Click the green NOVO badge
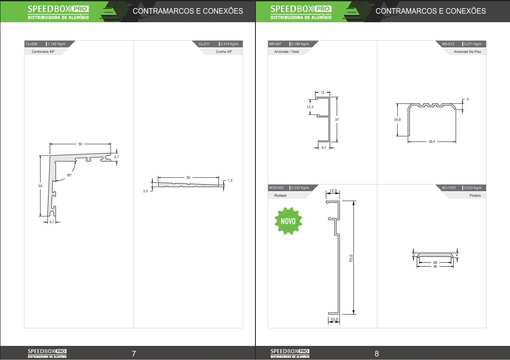tap(288, 221)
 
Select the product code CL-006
tap(32, 44)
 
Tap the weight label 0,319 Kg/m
tap(229, 44)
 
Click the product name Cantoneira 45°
tap(43, 52)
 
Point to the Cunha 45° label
tap(224, 52)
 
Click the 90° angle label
tap(69, 175)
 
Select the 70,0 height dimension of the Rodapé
tap(351, 258)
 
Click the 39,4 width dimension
tap(432, 142)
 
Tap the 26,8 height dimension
tap(397, 120)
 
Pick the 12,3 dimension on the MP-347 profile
tap(310, 107)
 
